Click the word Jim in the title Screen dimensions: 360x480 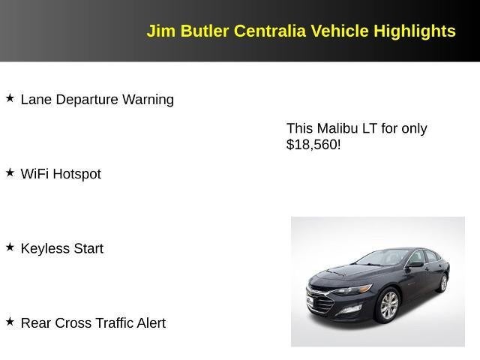coord(160,31)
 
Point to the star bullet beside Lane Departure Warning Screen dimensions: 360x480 coord(10,98)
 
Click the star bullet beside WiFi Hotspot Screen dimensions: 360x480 coord(10,172)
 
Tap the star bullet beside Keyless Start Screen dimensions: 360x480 coord(10,247)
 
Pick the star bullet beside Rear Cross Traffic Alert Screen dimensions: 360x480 coord(10,322)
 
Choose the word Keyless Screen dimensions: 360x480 coord(44,248)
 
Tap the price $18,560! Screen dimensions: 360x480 coord(313,145)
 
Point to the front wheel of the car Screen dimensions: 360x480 coord(388,306)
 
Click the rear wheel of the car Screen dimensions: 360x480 coord(442,283)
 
